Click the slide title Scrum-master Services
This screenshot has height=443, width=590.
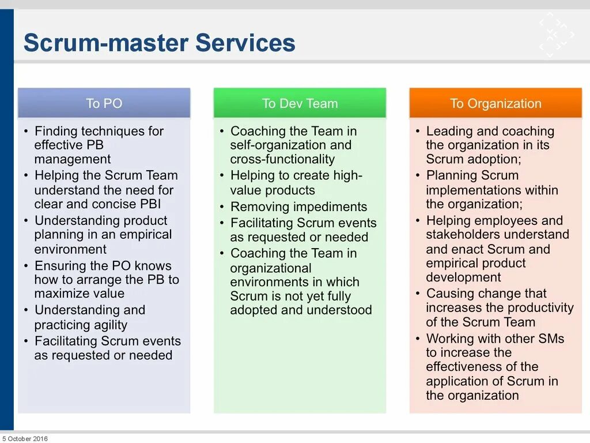point(159,43)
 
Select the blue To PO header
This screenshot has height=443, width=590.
point(104,104)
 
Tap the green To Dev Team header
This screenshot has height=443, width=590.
point(300,104)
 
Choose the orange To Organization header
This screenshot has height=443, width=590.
point(496,104)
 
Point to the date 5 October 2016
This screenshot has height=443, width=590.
point(25,438)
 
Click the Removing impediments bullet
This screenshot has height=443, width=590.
point(298,207)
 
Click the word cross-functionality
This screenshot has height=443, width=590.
point(282,160)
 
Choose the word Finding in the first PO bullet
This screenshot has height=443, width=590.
point(56,132)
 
